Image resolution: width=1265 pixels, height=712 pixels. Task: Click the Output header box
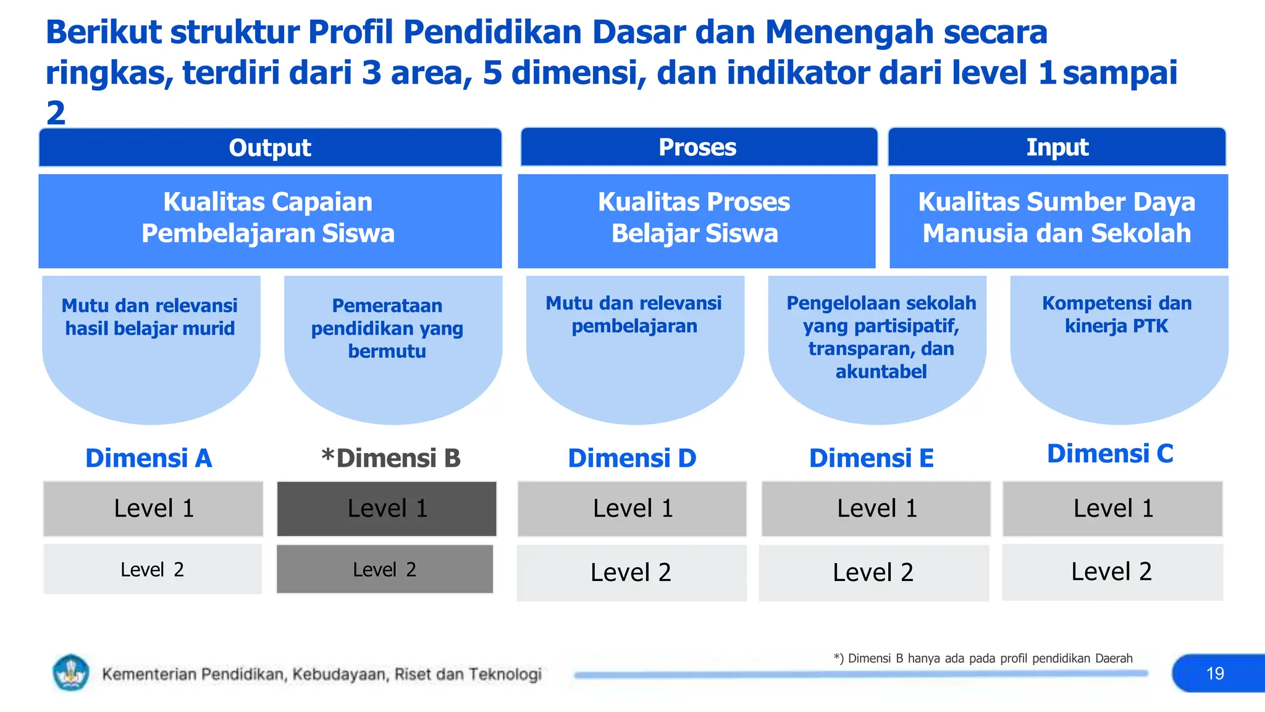pos(270,148)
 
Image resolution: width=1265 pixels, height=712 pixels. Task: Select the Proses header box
pos(698,147)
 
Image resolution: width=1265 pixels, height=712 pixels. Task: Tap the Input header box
pos(1057,147)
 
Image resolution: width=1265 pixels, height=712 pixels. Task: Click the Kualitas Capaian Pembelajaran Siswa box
pos(269,220)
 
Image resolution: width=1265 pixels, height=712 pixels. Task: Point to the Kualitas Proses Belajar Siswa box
pos(696,220)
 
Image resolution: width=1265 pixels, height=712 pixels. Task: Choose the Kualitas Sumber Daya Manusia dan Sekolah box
pos(1057,220)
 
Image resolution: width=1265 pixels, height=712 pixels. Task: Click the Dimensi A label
pos(149,458)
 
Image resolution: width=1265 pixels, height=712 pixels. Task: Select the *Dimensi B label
pos(391,458)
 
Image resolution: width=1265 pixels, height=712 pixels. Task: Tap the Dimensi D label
pos(632,458)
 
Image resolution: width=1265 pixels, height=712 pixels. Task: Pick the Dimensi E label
pos(872,458)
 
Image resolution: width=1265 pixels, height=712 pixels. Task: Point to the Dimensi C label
pos(1110,454)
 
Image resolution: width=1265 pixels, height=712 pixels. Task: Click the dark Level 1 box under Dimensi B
pos(387,509)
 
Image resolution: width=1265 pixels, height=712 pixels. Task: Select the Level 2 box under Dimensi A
pos(153,569)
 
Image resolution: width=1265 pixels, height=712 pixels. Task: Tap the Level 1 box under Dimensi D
pos(632,509)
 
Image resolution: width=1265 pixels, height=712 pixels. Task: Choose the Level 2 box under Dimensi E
pos(873,572)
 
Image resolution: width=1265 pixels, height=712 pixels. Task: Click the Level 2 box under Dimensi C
pos(1112,572)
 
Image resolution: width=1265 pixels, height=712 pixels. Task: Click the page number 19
pos(1215,673)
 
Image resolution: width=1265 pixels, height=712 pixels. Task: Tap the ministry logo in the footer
pos(71,672)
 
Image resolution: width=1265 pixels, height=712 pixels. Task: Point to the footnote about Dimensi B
pos(983,658)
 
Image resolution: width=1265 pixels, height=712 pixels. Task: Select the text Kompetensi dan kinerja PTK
pos(1117,315)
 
